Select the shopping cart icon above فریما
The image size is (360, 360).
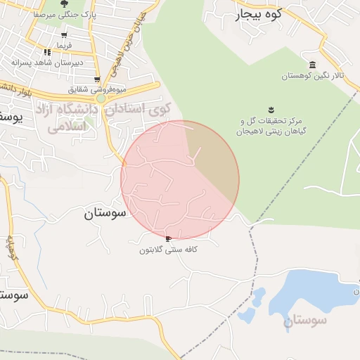click(x=64, y=35)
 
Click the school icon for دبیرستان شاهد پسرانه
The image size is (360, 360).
click(x=47, y=52)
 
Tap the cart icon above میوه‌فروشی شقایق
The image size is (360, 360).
click(x=97, y=79)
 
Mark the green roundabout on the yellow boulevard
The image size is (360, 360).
click(x=101, y=98)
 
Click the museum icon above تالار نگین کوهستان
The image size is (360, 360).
click(x=312, y=65)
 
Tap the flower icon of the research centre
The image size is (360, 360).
click(x=270, y=109)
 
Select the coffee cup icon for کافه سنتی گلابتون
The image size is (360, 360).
click(x=168, y=240)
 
